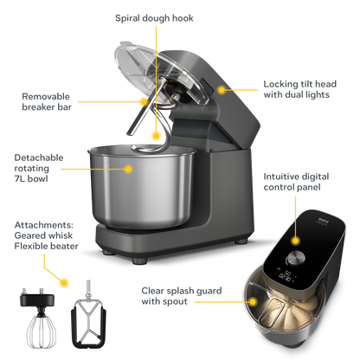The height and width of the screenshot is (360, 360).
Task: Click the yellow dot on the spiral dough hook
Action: (156, 133)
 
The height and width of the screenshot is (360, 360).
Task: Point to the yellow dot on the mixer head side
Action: (222, 87)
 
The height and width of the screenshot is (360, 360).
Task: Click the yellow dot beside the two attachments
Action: (66, 282)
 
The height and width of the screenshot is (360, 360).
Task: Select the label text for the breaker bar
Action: (41, 100)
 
